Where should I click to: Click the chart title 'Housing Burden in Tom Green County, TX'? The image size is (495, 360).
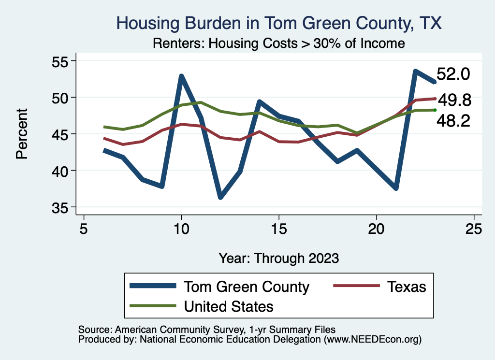coord(279,23)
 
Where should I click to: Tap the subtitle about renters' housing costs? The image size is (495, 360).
coord(279,43)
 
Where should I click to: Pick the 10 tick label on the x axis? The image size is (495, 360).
coord(181,228)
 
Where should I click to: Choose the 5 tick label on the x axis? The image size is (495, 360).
coord(84,228)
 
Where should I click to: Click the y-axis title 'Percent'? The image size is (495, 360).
coord(21,134)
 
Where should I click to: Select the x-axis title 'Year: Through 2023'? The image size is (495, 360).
coord(278,258)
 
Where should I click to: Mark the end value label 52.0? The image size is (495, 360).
coord(453,74)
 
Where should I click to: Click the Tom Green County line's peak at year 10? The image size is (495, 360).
coord(181,76)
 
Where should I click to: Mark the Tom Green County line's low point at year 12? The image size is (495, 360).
coord(220,197)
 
